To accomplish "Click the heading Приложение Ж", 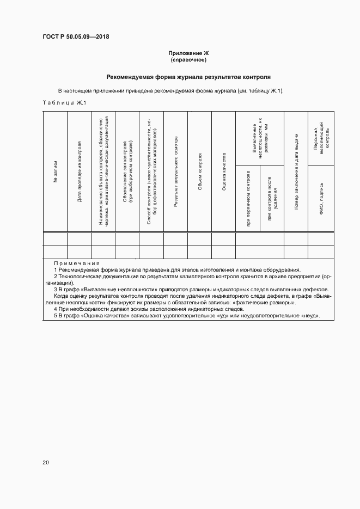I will click(x=188, y=53).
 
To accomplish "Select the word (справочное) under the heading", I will click(x=188, y=59).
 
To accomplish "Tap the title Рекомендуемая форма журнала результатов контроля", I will click(x=188, y=77).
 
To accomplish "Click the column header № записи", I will click(x=55, y=171).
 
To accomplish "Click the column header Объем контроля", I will click(x=200, y=171).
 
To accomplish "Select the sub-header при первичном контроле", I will click(x=248, y=198).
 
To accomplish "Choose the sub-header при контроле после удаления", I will click(x=272, y=199).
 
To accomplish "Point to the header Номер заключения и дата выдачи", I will click(x=296, y=171).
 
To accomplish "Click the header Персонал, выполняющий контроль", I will click(x=320, y=138).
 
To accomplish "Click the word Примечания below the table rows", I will click(x=76, y=263).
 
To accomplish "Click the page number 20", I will click(x=46, y=462).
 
